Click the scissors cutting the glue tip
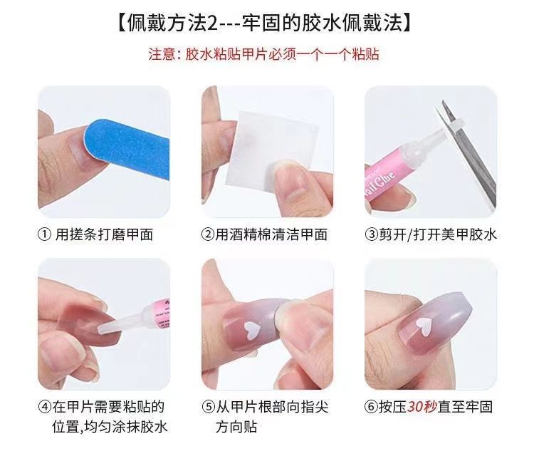point(466,153)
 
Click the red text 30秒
point(422,407)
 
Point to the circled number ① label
point(44,234)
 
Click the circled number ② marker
point(207,234)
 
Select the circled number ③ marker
point(371,234)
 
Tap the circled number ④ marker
point(45,407)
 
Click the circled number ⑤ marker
point(208,407)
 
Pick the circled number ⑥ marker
point(371,407)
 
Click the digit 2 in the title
point(212,24)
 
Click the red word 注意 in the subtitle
point(162,54)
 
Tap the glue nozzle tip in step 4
point(102,329)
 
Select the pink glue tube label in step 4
point(161,314)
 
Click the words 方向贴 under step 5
point(236,427)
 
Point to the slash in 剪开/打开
point(409,234)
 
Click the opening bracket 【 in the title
point(122,24)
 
